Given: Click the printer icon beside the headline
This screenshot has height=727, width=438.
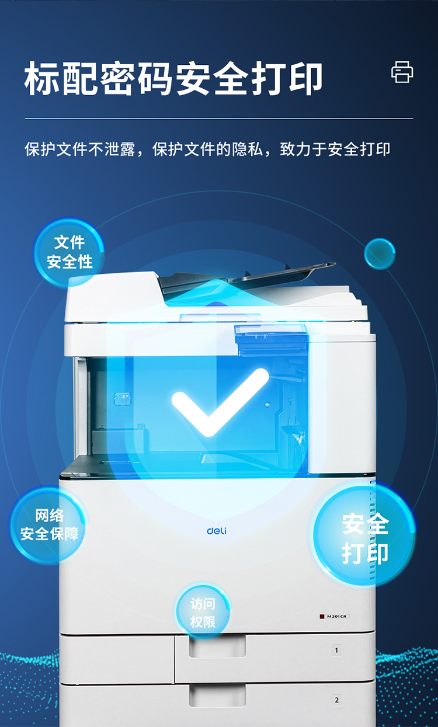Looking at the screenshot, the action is pyautogui.click(x=402, y=72).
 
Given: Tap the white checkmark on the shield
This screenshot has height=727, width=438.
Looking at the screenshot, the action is pyautogui.click(x=220, y=402).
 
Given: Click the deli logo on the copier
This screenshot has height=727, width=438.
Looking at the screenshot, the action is pyautogui.click(x=217, y=531).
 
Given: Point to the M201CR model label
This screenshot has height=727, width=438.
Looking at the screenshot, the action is pyautogui.click(x=335, y=616).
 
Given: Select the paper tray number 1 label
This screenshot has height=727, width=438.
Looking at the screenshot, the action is pyautogui.click(x=336, y=650).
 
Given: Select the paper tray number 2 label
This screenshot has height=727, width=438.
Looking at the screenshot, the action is pyautogui.click(x=337, y=700).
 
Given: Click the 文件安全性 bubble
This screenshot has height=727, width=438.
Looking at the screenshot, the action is pyautogui.click(x=69, y=252).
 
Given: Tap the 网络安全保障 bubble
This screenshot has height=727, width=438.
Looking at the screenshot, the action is pyautogui.click(x=48, y=525).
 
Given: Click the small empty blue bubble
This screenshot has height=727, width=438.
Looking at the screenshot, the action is pyautogui.click(x=380, y=254).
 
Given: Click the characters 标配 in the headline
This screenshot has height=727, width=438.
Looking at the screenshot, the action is pyautogui.click(x=61, y=78).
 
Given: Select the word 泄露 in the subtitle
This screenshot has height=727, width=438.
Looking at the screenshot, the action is pyautogui.click(x=120, y=149).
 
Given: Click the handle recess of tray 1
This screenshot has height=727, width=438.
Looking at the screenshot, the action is pyautogui.click(x=217, y=646).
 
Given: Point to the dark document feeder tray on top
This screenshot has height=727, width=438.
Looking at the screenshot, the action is pyautogui.click(x=247, y=277).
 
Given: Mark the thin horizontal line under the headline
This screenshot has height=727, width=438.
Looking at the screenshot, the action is pyautogui.click(x=219, y=119).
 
